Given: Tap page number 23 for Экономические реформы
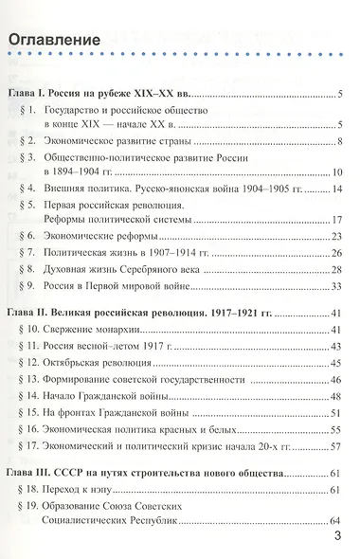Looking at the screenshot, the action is [x=335, y=235].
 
